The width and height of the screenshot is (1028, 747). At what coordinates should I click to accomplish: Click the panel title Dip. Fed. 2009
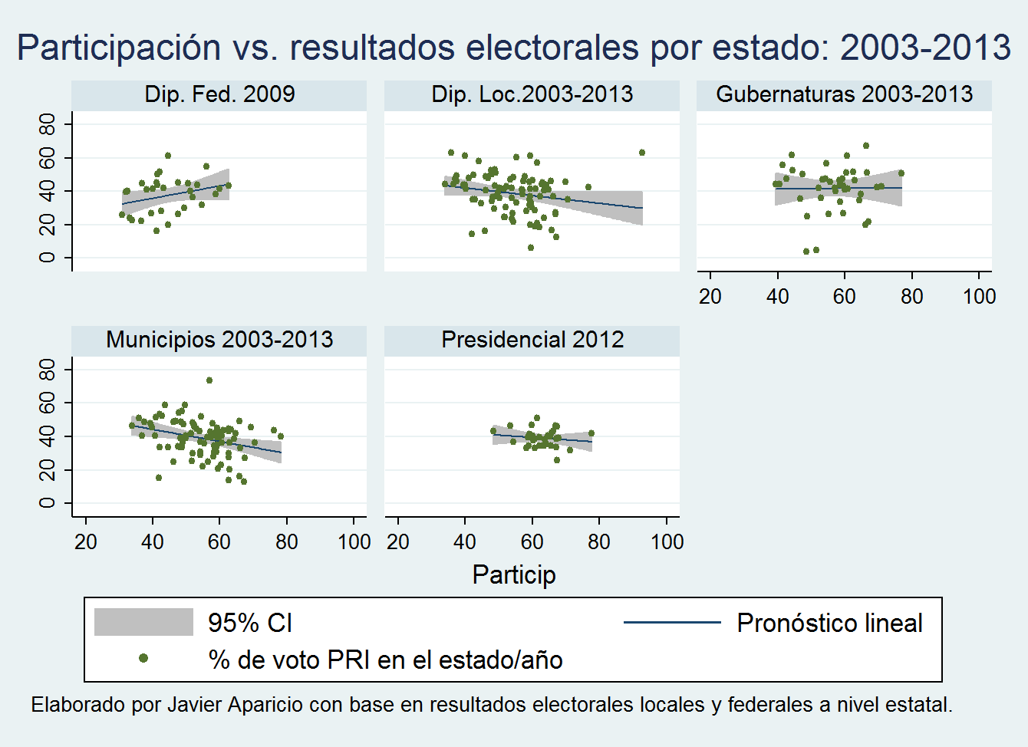[219, 94]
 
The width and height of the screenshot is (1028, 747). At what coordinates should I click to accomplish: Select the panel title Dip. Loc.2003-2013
[532, 94]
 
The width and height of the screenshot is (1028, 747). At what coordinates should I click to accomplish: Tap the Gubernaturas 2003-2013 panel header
[844, 94]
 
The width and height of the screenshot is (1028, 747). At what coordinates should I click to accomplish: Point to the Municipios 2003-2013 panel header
[219, 340]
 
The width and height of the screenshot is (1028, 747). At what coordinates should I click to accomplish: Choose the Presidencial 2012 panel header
[532, 340]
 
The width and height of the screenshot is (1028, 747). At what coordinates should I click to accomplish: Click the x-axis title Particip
[514, 574]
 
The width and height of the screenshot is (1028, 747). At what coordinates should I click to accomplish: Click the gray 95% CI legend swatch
[143, 622]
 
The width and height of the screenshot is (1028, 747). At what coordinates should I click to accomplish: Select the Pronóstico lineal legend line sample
[672, 622]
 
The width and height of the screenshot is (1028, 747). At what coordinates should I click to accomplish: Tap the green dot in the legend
[143, 658]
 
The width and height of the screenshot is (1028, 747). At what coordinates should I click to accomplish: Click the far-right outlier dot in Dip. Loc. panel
[642, 153]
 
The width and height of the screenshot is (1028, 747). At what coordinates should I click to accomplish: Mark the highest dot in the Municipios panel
[209, 380]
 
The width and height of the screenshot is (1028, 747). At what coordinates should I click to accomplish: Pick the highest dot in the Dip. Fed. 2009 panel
[168, 156]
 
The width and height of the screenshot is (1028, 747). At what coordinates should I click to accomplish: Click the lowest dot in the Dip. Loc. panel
[530, 248]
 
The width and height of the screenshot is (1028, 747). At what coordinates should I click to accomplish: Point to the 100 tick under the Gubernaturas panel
[979, 297]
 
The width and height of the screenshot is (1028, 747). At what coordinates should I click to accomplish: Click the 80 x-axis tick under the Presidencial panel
[599, 542]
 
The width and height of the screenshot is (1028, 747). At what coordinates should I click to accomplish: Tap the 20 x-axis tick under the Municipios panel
[85, 542]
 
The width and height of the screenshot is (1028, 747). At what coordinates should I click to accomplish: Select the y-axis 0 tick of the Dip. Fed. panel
[48, 258]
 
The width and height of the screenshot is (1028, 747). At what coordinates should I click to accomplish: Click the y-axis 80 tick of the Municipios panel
[48, 370]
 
